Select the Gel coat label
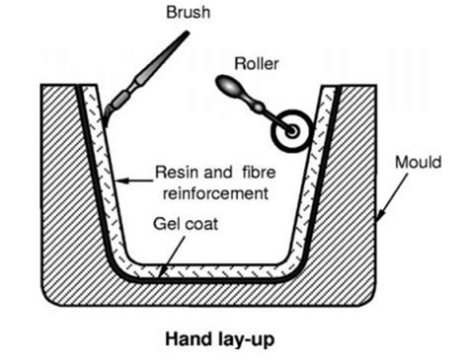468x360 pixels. click(x=188, y=223)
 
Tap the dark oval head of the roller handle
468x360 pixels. click(x=228, y=90)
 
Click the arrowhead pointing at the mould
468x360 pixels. click(x=376, y=212)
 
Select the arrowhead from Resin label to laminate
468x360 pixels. click(x=118, y=181)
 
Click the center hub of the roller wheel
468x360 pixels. click(x=292, y=130)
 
